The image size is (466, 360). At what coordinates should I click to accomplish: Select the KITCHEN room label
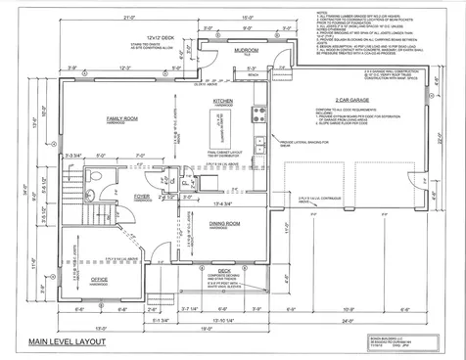[222, 101]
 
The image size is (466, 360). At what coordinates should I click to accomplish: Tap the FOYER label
[141, 194]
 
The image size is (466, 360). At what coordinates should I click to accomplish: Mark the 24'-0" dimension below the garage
[371, 318]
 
